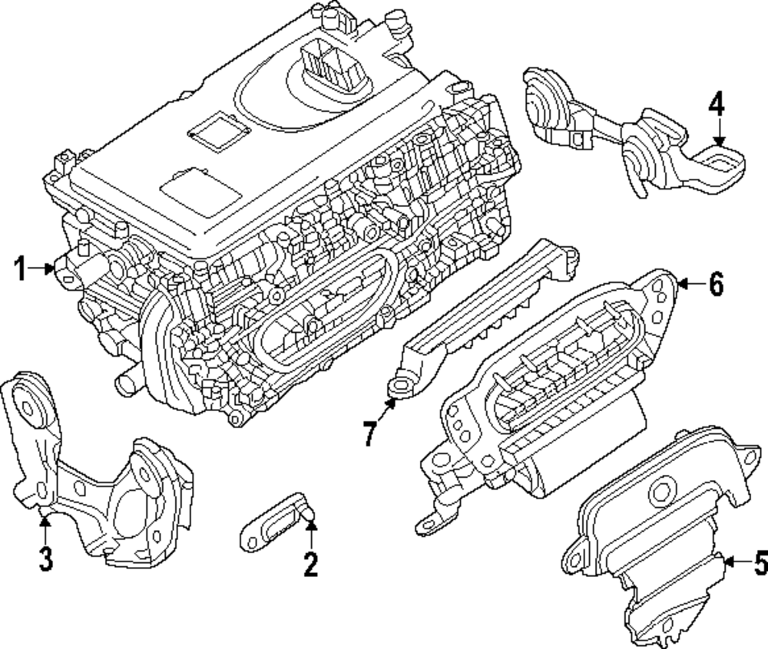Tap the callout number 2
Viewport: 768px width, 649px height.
tap(310, 565)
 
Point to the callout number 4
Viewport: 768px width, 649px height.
tap(716, 103)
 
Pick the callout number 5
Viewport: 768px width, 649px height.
tap(758, 564)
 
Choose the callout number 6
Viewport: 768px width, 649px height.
tap(715, 285)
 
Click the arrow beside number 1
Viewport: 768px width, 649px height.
tap(43, 268)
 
